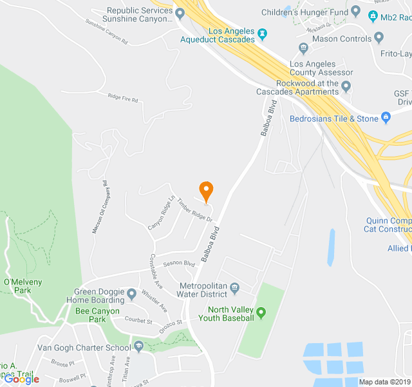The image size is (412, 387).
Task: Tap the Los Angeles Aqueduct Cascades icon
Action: [x=262, y=33]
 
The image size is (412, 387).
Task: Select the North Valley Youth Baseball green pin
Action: [x=261, y=313]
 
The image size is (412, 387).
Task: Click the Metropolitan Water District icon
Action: [x=234, y=287]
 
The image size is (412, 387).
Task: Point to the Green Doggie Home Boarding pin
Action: [x=131, y=295]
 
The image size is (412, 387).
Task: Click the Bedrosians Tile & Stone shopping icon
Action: [x=386, y=117]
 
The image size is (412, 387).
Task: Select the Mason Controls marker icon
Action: [x=303, y=47]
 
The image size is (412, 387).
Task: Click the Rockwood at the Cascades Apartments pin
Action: [x=346, y=86]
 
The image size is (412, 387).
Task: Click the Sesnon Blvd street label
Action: [x=178, y=264]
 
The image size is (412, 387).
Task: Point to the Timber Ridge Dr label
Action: [x=196, y=208]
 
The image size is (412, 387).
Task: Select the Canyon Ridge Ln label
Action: [x=162, y=213]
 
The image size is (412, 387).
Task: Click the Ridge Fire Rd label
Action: [x=123, y=97]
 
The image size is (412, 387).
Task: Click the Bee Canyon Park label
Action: [x=97, y=315]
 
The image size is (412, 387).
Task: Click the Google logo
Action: [x=21, y=379]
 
